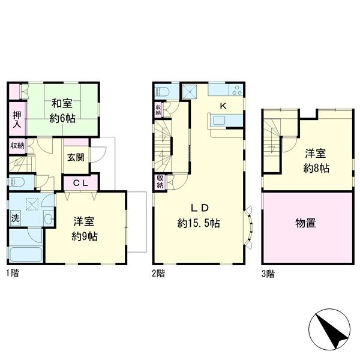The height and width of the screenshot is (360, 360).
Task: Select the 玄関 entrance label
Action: (x=76, y=157)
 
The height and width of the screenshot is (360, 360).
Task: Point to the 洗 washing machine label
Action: (x=15, y=219)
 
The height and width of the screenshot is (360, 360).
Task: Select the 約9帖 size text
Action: (x=85, y=236)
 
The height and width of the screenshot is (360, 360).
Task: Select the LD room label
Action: (x=200, y=209)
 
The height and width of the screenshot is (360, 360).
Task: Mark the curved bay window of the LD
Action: (x=248, y=227)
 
